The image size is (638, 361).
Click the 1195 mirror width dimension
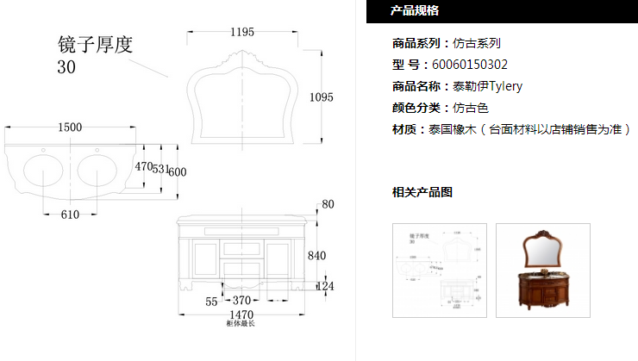coord(242,32)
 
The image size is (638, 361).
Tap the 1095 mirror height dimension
coord(321,97)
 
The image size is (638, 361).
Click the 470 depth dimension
coord(143,166)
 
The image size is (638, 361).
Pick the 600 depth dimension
coord(178,171)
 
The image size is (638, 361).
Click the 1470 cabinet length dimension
coord(241,316)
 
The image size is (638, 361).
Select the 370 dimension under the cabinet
coord(242,301)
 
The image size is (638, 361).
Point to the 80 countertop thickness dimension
coord(327,204)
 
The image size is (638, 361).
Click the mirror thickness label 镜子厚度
coord(94,45)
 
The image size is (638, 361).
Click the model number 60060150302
coord(470,64)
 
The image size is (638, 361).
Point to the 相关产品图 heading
coord(422,191)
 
